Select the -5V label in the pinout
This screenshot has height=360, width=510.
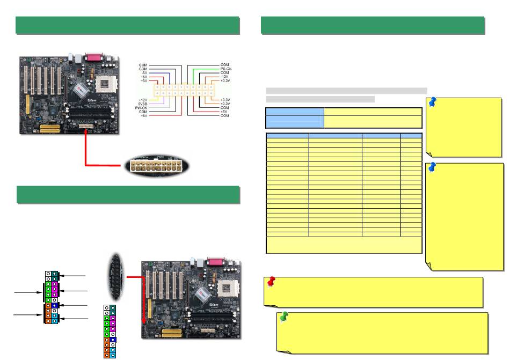coord(144,72)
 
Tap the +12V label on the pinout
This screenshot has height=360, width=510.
coord(143,100)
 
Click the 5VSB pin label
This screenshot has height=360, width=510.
coord(143,104)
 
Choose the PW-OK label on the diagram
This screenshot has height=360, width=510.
coord(142,108)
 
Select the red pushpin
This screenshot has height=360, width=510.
coord(271,282)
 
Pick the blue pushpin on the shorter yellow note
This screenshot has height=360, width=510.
coord(433,102)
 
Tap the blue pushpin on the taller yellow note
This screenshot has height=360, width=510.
coord(433,168)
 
